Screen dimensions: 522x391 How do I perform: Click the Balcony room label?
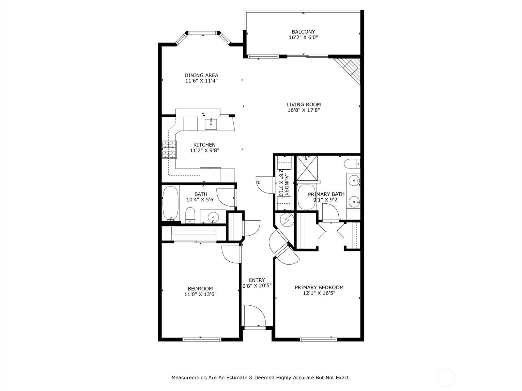[x=303, y=32]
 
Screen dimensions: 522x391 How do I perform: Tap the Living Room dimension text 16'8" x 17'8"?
[x=304, y=110]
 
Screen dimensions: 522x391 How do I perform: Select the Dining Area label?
[x=201, y=75]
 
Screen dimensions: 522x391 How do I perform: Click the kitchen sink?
[x=211, y=124]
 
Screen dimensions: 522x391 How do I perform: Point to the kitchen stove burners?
[x=169, y=150]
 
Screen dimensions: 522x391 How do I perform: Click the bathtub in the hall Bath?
[x=170, y=203]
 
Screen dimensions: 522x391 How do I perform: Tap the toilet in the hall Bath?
[x=190, y=215]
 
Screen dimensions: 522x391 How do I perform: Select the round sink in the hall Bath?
[x=213, y=217]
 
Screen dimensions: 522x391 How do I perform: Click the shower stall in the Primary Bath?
[x=307, y=168]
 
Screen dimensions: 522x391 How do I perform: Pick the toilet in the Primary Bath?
[x=352, y=164]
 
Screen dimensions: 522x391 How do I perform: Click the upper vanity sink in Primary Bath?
[x=354, y=181]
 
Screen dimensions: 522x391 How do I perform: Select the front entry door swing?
[x=254, y=316]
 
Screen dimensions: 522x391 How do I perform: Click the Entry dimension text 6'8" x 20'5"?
[x=257, y=286]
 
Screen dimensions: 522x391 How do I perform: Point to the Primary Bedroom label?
[x=319, y=287]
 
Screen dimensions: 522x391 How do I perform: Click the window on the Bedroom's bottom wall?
[x=202, y=340]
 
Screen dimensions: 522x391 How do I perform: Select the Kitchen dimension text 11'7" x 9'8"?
[x=205, y=150]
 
